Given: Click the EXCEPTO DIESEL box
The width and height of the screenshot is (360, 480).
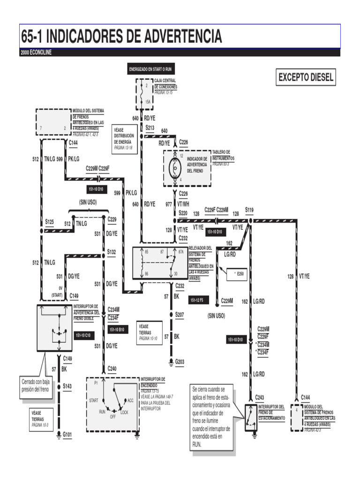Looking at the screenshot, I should [x=307, y=77].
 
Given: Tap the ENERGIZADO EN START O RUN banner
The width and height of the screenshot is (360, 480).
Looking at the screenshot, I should [x=151, y=69].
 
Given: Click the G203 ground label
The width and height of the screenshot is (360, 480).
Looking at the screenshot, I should [x=180, y=361].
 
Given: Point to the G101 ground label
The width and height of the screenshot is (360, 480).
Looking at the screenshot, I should [x=67, y=435].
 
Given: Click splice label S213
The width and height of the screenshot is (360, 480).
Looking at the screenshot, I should [x=150, y=127].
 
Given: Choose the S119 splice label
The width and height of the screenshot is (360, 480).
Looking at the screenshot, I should [x=249, y=210].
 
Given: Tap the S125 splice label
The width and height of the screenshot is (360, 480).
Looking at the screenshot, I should [x=49, y=221].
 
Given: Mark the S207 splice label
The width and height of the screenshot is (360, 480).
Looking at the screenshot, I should [x=180, y=315].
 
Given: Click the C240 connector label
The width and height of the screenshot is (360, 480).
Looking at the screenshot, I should [x=112, y=369].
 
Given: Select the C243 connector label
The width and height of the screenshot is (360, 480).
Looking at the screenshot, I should [x=259, y=397].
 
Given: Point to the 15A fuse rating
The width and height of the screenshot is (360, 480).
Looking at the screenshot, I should [x=148, y=101].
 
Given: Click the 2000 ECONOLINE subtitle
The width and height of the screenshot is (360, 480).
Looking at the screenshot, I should [x=36, y=52].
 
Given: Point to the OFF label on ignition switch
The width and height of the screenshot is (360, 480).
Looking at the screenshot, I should [x=112, y=417].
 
